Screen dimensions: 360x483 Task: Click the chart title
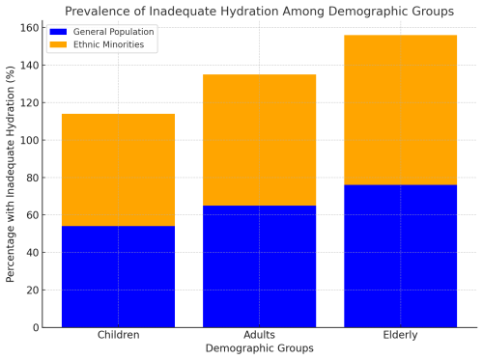tap(258, 11)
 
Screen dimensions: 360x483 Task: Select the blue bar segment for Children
tap(118, 276)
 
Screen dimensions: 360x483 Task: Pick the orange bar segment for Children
tap(118, 170)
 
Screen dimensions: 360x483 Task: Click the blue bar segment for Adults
tap(259, 266)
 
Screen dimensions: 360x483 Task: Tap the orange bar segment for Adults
tap(259, 140)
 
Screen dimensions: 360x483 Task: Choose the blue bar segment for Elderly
tap(400, 256)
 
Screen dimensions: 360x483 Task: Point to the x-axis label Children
tap(118, 336)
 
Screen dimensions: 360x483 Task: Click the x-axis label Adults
tap(259, 336)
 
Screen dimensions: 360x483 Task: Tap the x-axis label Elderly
tap(400, 336)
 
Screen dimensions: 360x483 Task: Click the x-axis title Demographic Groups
tap(259, 348)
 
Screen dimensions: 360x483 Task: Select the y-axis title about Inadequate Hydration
tap(11, 175)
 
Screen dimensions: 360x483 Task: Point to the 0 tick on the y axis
tap(34, 328)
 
